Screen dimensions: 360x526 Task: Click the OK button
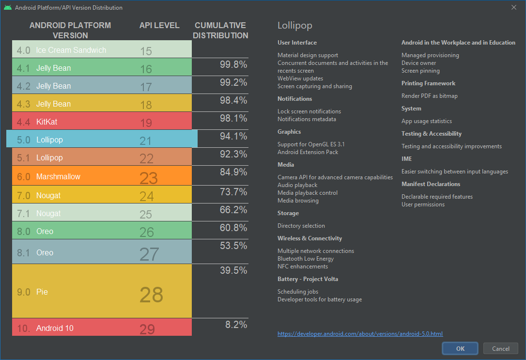coord(460,348)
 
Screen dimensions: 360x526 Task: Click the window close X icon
coord(514,7)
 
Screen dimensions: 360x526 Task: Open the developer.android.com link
coord(360,334)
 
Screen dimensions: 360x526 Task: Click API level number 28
coord(151,295)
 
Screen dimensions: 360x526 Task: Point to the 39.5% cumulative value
coord(233,270)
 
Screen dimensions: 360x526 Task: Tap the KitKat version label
coord(46,122)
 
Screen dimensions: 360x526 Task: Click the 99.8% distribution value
coord(233,64)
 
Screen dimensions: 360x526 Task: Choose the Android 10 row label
coord(55,328)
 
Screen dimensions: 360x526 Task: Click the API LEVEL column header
coord(159,25)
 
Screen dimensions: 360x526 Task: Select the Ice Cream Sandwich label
coord(71,50)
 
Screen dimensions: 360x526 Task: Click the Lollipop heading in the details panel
coord(295,26)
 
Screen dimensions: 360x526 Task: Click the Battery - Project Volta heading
coord(308,279)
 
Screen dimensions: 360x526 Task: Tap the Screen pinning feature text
coord(420,71)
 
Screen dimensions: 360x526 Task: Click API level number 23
coord(149,178)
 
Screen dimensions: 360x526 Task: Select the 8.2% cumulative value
coord(236,325)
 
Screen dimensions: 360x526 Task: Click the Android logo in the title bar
coord(8,8)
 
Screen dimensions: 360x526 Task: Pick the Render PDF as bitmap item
coord(429,96)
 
